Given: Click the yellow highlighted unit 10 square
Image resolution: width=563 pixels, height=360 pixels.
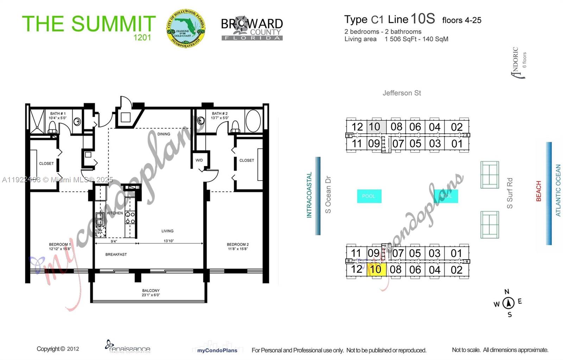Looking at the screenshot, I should click(376, 270).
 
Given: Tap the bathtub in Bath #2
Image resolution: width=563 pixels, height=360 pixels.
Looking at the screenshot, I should click(253, 121).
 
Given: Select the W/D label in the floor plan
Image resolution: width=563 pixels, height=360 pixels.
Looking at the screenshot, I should click(199, 160).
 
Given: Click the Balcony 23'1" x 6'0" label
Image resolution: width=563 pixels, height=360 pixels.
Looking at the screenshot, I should click(151, 293).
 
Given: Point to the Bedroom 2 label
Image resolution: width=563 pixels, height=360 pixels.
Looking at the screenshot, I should click(238, 246).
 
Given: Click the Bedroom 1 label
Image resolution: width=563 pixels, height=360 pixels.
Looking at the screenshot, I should click(60, 246).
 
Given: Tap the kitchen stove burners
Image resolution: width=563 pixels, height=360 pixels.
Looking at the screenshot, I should click(130, 217).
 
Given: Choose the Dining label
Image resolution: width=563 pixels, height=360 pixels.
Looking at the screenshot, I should click(164, 134).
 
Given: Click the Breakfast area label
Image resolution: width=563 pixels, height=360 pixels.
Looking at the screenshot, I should click(116, 254).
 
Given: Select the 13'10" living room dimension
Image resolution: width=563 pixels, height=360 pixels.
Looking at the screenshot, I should click(169, 241).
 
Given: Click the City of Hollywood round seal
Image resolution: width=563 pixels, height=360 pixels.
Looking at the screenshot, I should click(185, 29).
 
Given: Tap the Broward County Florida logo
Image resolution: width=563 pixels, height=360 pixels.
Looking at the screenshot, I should click(252, 28).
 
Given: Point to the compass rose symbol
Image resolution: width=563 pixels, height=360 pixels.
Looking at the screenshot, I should click(508, 303).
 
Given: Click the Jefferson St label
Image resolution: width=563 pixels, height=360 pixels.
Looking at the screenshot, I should click(401, 93).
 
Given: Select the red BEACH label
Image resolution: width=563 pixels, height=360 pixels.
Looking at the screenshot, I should click(538, 191).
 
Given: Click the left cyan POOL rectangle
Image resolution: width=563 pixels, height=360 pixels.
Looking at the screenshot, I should click(369, 196).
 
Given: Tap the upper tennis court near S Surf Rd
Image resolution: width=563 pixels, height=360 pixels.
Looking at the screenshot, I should click(489, 175).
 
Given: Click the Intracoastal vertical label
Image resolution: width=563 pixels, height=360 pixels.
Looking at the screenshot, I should click(309, 195).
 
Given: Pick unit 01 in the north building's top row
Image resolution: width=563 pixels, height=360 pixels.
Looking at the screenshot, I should click(457, 144).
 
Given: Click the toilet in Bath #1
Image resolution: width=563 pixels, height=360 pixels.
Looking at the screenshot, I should click(52, 127).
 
